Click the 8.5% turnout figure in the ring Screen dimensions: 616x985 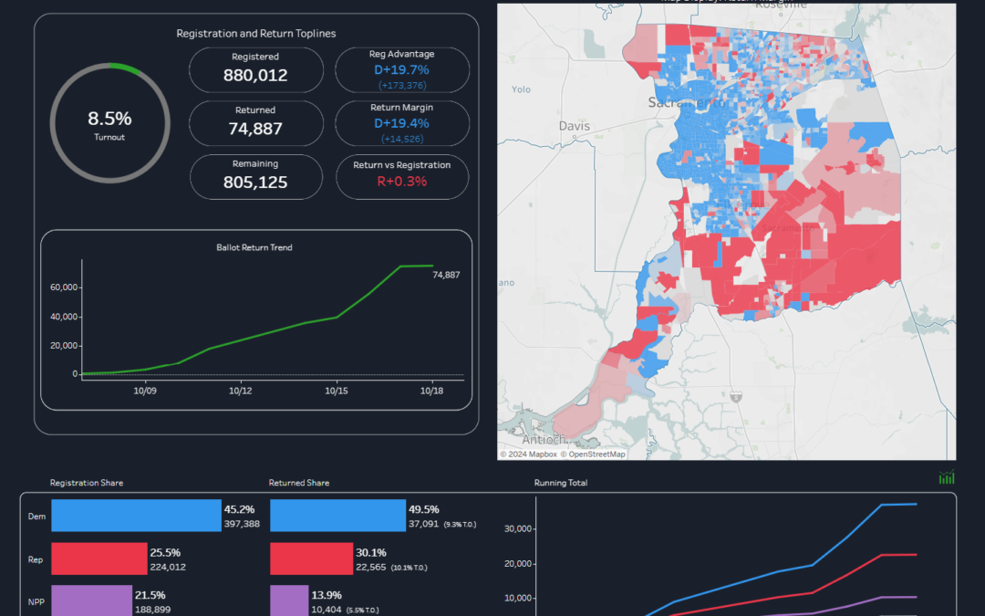point(109,119)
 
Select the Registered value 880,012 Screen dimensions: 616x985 point(255,76)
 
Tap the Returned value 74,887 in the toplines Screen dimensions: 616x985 point(255,129)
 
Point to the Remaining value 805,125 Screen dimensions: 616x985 point(255,183)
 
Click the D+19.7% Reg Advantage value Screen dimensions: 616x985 point(402,69)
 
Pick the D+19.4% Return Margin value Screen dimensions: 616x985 point(402,123)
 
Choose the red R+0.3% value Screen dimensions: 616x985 point(402,182)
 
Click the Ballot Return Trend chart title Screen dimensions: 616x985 point(254,247)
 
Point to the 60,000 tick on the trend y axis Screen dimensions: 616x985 point(64,287)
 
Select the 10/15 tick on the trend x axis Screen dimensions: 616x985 point(337,390)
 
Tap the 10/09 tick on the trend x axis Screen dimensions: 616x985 point(145,390)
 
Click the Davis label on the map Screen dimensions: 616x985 point(575,126)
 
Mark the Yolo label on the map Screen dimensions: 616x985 point(521,89)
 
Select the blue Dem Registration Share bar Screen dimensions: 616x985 point(136,516)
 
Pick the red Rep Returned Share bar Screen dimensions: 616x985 point(311,559)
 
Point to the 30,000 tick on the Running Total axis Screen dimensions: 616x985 point(517,528)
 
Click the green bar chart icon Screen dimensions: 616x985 point(947,477)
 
